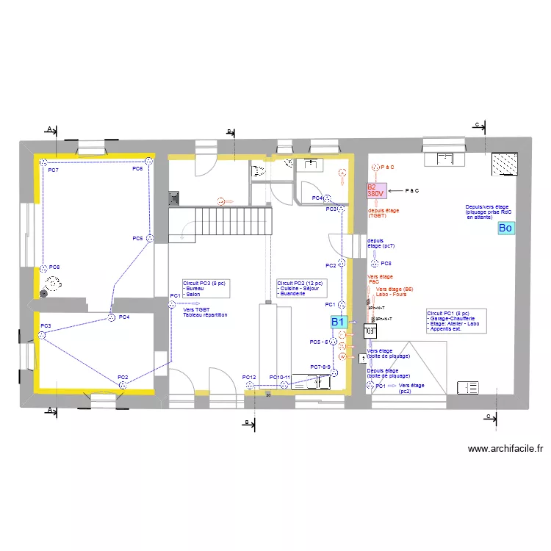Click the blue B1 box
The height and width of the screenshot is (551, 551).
pyautogui.click(x=338, y=322)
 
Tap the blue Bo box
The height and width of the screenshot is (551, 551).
pyautogui.click(x=505, y=228)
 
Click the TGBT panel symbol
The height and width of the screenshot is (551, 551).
pyautogui.click(x=370, y=332)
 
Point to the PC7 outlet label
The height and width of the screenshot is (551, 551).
pyautogui.click(x=53, y=170)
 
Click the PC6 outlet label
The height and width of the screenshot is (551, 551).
pyautogui.click(x=137, y=169)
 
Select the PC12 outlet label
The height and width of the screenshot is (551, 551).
pyautogui.click(x=249, y=378)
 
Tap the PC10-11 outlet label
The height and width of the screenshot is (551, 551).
pyautogui.click(x=280, y=378)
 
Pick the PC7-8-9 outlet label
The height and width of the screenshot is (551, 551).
pyautogui.click(x=321, y=367)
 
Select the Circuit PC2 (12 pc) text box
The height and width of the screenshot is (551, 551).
pyautogui.click(x=301, y=288)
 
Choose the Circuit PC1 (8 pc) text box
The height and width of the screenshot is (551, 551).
pyautogui.click(x=456, y=321)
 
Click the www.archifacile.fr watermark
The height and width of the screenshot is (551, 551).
pyautogui.click(x=504, y=449)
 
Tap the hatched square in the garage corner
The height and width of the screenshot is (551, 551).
pyautogui.click(x=505, y=164)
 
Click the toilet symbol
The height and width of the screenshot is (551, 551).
pyautogui.click(x=259, y=172)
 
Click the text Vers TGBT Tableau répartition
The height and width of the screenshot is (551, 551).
pyautogui.click(x=205, y=312)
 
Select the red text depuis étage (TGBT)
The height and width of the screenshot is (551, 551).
pyautogui.click(x=383, y=213)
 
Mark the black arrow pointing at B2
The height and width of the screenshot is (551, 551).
pyautogui.click(x=396, y=190)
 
